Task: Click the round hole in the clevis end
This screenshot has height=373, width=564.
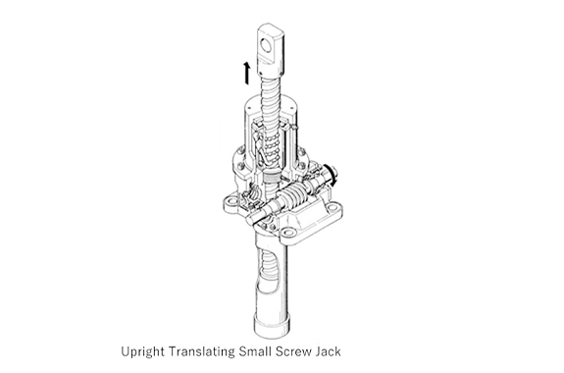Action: tap(266, 46)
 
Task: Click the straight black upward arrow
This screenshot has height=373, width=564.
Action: tap(247, 73)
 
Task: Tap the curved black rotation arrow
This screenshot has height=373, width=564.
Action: tap(332, 176)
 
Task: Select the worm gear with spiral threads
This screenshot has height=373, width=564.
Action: tap(291, 197)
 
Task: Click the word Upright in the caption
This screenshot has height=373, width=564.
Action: tap(142, 351)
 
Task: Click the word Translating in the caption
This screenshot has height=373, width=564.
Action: tap(201, 351)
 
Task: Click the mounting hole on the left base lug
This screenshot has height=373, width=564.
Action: tap(232, 200)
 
